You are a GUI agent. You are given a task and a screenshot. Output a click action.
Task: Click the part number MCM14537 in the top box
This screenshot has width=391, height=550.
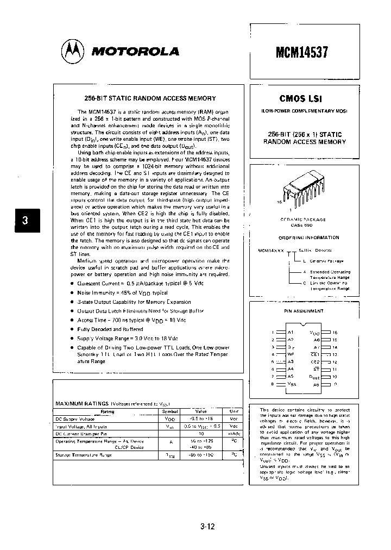click(x=301, y=51)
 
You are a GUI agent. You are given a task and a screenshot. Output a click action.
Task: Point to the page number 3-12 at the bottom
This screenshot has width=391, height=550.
click(x=207, y=526)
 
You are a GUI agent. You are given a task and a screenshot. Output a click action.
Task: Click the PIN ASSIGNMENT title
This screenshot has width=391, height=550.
click(x=304, y=311)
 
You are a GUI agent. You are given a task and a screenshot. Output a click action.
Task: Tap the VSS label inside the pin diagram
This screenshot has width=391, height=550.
click(x=292, y=384)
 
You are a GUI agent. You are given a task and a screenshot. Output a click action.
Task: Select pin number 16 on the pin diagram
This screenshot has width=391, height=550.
click(x=335, y=332)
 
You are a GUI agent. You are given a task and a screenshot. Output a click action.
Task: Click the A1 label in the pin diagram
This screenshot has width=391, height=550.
click(x=291, y=332)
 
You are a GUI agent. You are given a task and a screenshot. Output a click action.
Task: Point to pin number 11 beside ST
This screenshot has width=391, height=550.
click(x=335, y=368)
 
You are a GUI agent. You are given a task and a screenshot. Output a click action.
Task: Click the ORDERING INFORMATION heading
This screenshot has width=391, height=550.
click(x=308, y=237)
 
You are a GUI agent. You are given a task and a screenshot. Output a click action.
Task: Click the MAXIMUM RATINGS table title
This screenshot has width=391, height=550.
click(x=82, y=403)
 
